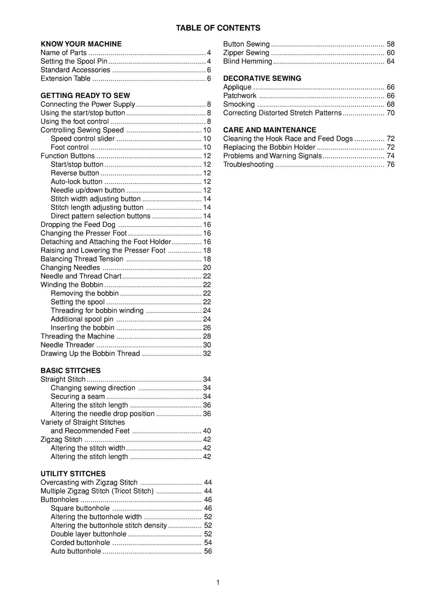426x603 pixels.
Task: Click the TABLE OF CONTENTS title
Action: (218, 28)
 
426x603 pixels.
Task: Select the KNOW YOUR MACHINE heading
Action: (81, 44)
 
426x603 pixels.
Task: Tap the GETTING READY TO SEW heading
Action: (85, 95)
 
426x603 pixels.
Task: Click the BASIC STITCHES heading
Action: (71, 370)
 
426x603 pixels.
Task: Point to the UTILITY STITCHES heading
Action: (73, 474)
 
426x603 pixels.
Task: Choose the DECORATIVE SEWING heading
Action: (262, 78)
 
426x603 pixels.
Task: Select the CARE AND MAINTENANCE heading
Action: (270, 130)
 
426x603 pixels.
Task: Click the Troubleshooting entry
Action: (248, 164)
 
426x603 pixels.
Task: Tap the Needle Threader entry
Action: (67, 345)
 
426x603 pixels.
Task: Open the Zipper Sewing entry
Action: (246, 52)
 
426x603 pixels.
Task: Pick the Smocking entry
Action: (239, 104)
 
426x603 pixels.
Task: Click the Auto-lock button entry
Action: (77, 181)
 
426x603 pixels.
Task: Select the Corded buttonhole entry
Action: (80, 543)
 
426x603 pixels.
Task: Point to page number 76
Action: (391, 164)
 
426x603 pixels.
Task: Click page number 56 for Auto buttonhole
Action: (208, 551)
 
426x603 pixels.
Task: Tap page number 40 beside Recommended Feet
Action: (207, 431)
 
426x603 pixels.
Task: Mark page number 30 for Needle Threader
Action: (207, 345)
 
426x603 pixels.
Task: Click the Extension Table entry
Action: (65, 78)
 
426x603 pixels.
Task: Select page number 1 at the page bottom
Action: (218, 582)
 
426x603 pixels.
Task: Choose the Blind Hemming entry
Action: (248, 61)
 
